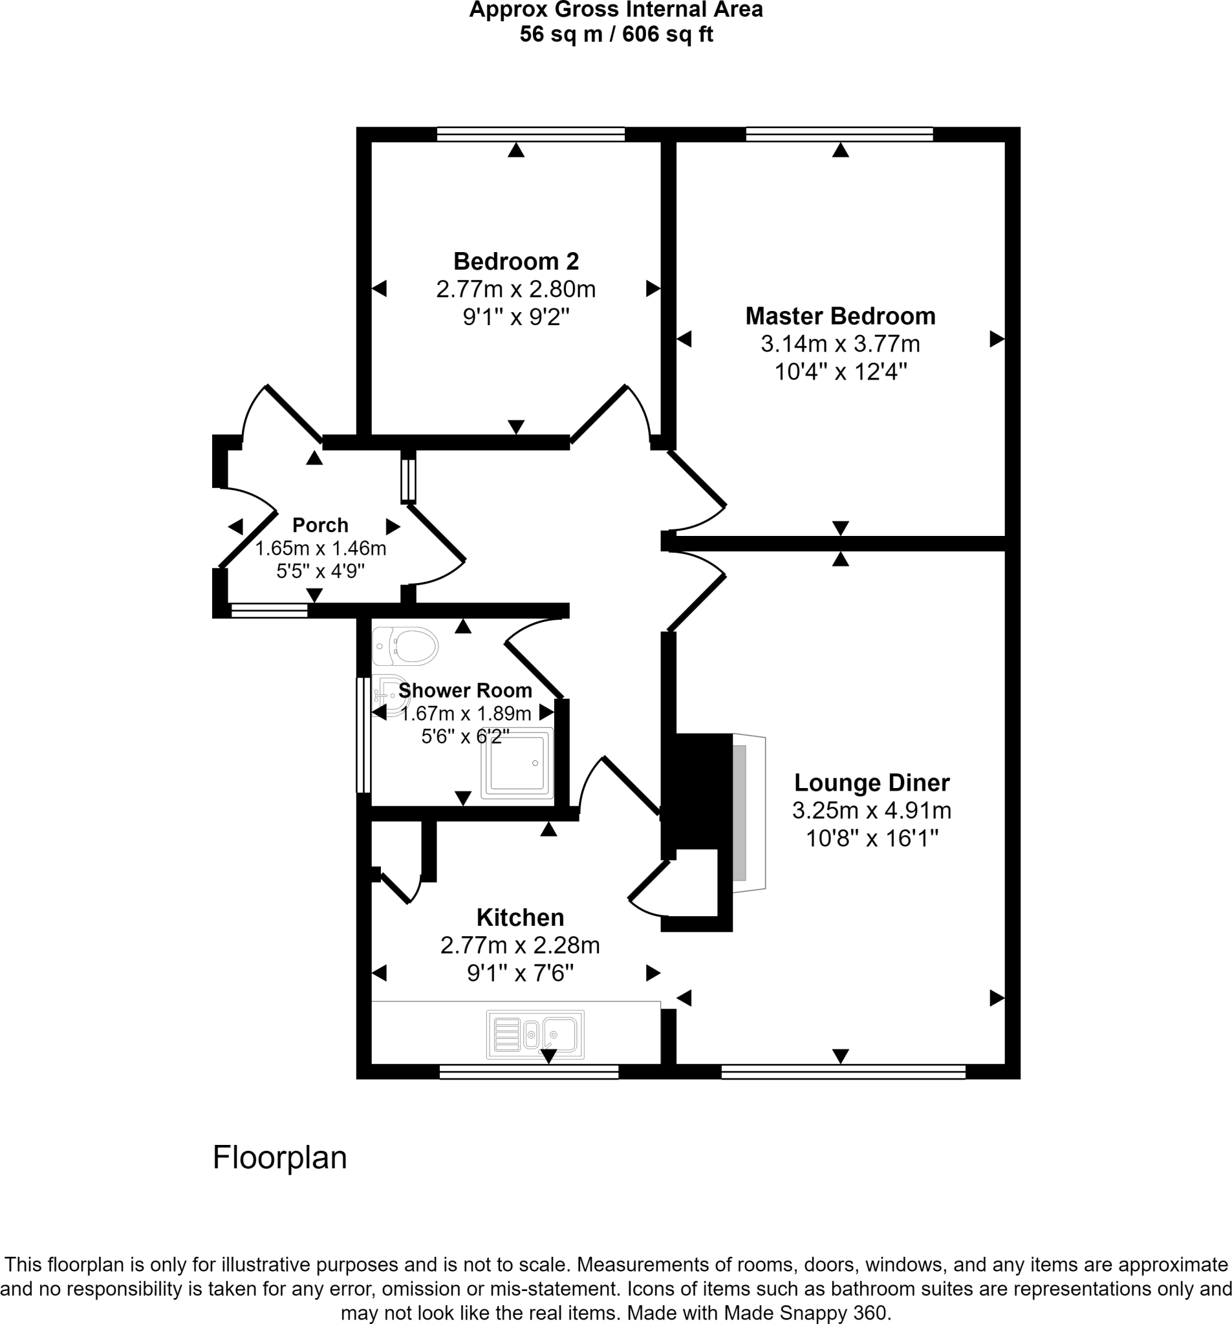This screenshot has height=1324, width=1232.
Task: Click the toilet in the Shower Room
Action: (x=404, y=646)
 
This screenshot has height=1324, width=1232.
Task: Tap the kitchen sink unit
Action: (x=535, y=1034)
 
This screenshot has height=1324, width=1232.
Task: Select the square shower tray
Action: (x=517, y=763)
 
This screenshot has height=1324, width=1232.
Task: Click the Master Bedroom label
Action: (x=840, y=315)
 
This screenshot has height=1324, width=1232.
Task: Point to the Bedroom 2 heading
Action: (x=515, y=261)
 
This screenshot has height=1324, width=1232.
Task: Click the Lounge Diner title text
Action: (x=872, y=782)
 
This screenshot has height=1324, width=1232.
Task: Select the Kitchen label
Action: (x=520, y=918)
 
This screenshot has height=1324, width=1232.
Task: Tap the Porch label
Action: (x=320, y=525)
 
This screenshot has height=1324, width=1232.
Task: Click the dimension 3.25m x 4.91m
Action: (x=872, y=811)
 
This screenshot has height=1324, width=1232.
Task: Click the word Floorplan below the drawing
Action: (x=280, y=1157)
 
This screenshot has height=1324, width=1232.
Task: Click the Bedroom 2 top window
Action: (x=530, y=134)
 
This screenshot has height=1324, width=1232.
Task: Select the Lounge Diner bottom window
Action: (x=843, y=1072)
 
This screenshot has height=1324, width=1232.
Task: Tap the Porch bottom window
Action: (x=269, y=610)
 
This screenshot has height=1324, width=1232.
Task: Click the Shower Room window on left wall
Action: (x=363, y=735)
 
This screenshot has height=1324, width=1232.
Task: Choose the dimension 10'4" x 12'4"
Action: (x=840, y=372)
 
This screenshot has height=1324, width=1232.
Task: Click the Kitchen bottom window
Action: (x=528, y=1072)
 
